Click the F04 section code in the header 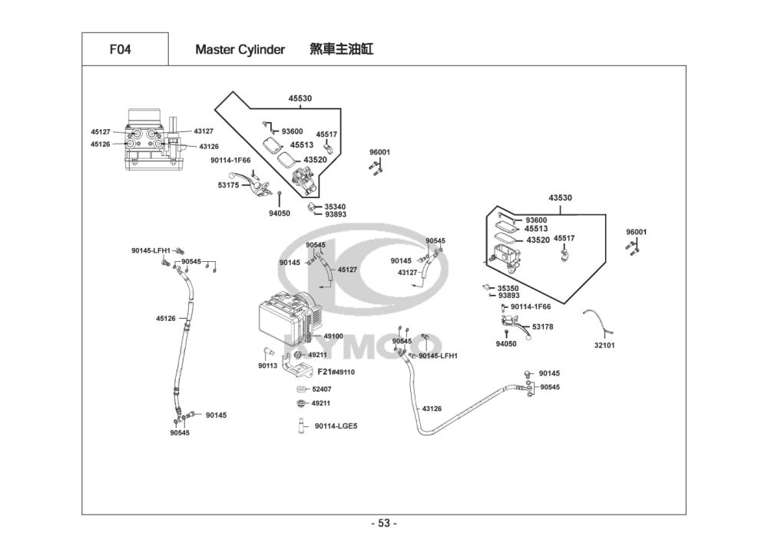click(120, 49)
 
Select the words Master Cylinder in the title click(240, 50)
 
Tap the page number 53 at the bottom click(384, 523)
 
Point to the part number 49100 click(333, 336)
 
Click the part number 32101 click(604, 345)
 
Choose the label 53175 click(228, 185)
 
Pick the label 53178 click(543, 326)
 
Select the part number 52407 click(321, 389)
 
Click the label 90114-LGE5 click(336, 426)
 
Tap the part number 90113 click(267, 366)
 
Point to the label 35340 click(335, 207)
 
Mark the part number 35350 click(508, 288)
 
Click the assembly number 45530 click(300, 98)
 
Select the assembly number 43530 click(560, 198)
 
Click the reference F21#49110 click(336, 372)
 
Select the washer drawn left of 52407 click(301, 389)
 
